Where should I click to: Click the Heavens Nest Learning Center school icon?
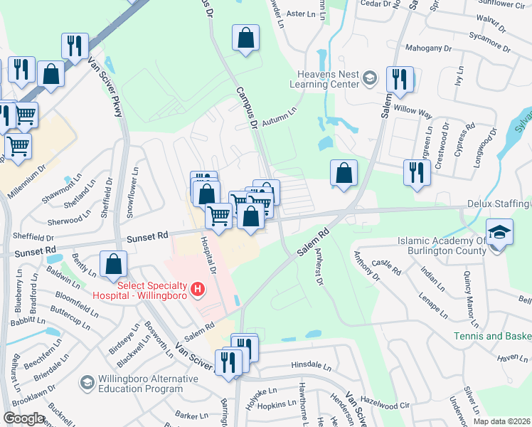pyautogui.click(x=370, y=77)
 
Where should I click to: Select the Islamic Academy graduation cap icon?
pyautogui.click(x=499, y=232)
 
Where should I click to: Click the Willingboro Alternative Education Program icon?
pyautogui.click(x=87, y=383)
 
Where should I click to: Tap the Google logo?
pyautogui.click(x=23, y=418)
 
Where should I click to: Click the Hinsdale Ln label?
pyautogui.click(x=312, y=367)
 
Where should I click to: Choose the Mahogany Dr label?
pyautogui.click(x=429, y=48)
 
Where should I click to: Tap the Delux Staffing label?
pyautogui.click(x=499, y=204)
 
